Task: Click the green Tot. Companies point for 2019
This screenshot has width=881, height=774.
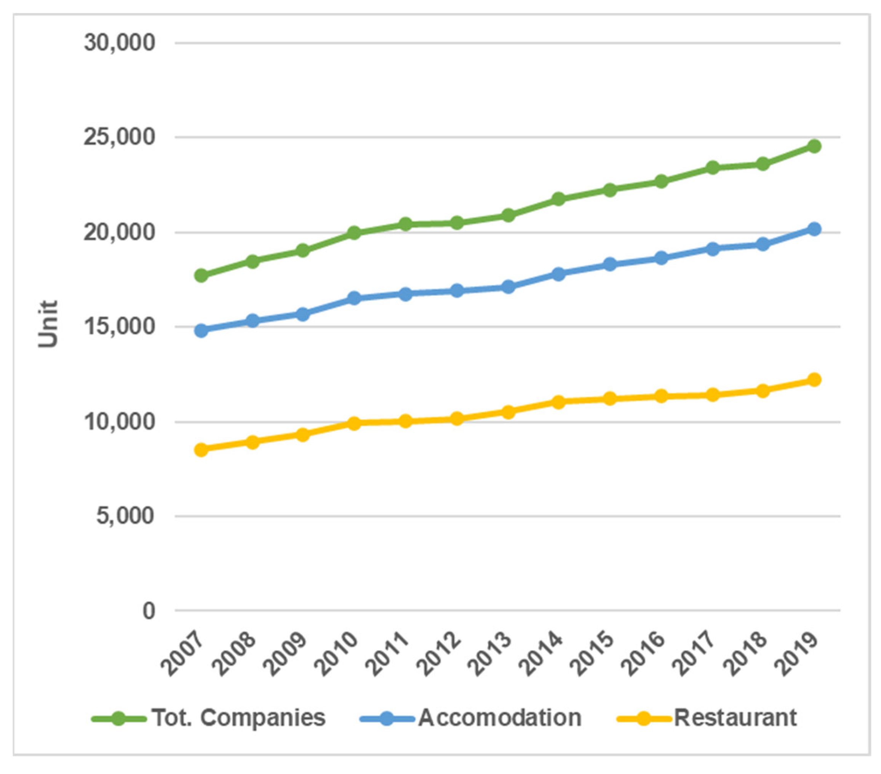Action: pos(814,146)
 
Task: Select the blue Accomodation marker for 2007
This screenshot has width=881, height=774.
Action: pos(201,331)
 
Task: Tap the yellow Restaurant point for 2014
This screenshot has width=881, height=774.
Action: pos(559,402)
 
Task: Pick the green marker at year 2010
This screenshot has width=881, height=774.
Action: pos(354,233)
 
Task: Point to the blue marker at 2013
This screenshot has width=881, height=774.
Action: pos(508,287)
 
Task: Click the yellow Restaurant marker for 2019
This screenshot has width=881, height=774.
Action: pos(814,380)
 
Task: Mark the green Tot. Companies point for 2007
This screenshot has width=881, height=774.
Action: pos(201,275)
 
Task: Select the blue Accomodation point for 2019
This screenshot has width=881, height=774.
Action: pos(814,229)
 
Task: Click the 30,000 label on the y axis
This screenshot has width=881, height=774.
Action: pos(119,43)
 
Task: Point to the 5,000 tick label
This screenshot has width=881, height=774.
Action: pos(125,515)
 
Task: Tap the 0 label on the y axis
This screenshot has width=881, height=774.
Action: pos(149,611)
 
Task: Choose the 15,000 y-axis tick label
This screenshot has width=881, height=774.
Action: pos(119,327)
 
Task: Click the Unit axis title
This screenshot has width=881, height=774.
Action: pos(47,324)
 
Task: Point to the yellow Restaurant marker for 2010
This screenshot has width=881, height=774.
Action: pos(354,423)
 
